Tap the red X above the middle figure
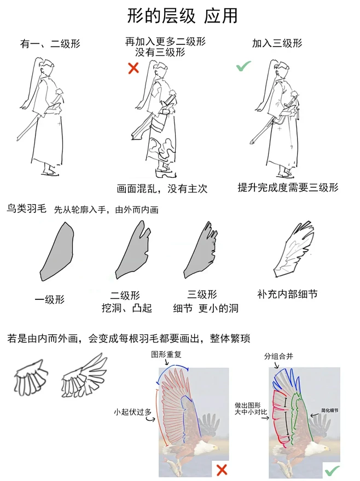(133, 68)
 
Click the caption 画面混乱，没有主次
(162, 189)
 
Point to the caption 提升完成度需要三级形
(288, 187)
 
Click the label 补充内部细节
(287, 294)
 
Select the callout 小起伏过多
(132, 411)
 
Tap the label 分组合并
(278, 356)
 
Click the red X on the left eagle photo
(221, 470)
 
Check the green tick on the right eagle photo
(332, 470)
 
